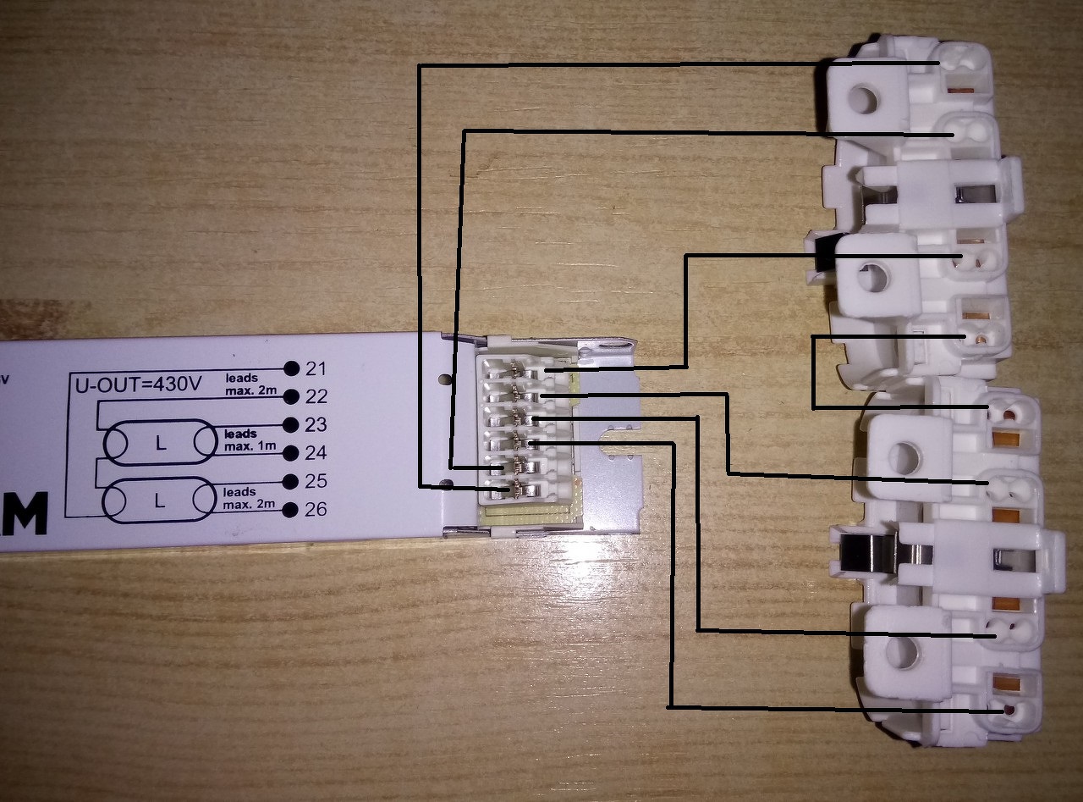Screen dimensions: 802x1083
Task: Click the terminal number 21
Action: point(316,368)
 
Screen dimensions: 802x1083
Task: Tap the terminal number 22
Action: point(316,396)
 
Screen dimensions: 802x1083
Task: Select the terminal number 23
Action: point(316,424)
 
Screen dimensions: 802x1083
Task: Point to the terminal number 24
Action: point(316,452)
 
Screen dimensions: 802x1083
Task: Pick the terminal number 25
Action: point(316,481)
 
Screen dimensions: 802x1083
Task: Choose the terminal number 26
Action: point(316,510)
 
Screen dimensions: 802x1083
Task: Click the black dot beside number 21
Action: point(292,368)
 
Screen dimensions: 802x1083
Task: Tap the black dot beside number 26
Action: point(292,510)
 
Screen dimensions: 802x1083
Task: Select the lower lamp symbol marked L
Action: point(158,500)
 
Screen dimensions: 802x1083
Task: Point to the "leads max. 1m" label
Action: point(243,440)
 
